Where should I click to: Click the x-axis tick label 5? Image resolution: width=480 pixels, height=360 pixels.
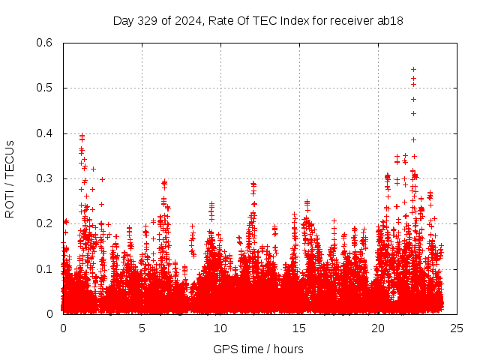tap(142, 328)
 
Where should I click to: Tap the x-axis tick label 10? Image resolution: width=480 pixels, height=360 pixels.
tap(220, 328)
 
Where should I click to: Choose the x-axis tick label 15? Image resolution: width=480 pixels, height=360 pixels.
tap(299, 328)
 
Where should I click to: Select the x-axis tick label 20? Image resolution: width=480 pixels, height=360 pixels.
tap(378, 328)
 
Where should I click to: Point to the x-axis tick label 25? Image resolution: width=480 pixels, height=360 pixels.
tap(457, 328)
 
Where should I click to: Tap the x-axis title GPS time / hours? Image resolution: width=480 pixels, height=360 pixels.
tap(258, 349)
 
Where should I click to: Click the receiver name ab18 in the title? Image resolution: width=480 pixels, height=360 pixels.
tap(390, 21)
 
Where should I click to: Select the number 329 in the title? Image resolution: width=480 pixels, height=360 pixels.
tap(146, 21)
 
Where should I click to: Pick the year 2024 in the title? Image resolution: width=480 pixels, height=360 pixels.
tap(184, 21)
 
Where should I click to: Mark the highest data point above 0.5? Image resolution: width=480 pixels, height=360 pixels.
tap(413, 69)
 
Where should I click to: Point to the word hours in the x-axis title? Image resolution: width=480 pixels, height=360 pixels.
tap(288, 349)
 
